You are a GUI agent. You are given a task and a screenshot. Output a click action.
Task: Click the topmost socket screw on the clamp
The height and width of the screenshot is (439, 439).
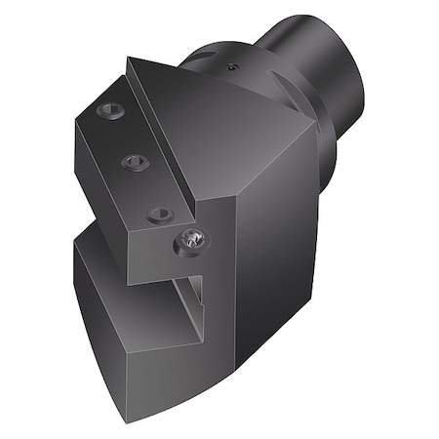point(108,112)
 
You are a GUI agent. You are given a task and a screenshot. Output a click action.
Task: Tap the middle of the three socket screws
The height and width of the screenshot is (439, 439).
point(135,162)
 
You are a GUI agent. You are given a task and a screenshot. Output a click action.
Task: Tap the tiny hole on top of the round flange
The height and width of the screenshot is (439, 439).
point(231,67)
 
